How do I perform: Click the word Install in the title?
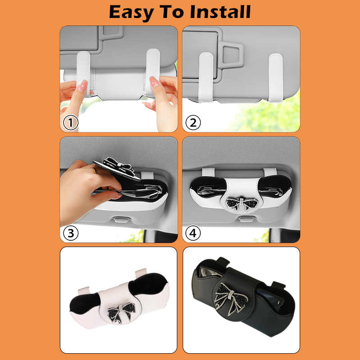click(220, 12)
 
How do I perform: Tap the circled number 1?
click(71, 122)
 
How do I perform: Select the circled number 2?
click(193, 122)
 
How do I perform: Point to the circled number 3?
click(71, 233)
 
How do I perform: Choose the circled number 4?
click(193, 233)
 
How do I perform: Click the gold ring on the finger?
click(94, 170)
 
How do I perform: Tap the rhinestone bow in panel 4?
click(242, 203)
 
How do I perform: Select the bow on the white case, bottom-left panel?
click(121, 312)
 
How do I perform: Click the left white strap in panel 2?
click(206, 77)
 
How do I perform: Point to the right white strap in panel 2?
click(275, 77)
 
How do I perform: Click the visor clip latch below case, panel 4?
click(246, 219)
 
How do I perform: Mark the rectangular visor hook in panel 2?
click(231, 55)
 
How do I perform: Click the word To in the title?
click(172, 12)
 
